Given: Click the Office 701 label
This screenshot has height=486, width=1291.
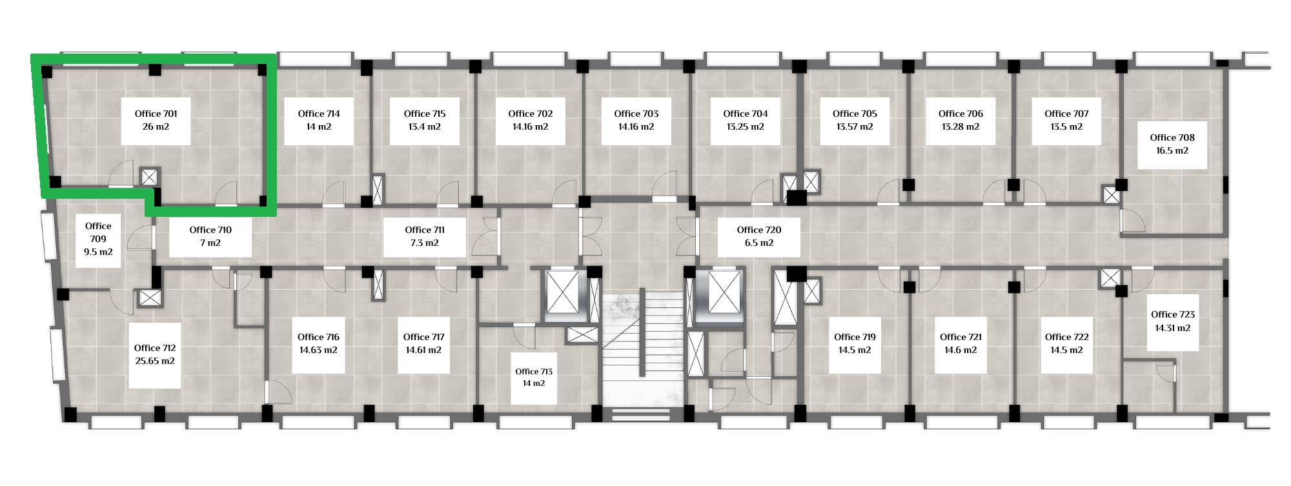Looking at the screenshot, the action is pyautogui.click(x=156, y=114).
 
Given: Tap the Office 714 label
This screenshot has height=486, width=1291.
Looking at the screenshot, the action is pyautogui.click(x=319, y=114).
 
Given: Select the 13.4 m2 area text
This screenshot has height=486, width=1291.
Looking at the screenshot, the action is pyautogui.click(x=425, y=127).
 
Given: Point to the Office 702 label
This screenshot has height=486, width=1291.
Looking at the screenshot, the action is pyautogui.click(x=531, y=114).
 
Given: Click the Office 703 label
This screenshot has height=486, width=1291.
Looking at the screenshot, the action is pyautogui.click(x=636, y=114).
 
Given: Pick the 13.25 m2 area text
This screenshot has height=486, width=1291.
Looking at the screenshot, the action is pyautogui.click(x=746, y=127).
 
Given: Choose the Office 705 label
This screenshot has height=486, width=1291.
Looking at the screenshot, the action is pyautogui.click(x=855, y=114).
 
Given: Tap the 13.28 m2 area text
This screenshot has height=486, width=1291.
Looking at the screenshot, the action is pyautogui.click(x=961, y=127).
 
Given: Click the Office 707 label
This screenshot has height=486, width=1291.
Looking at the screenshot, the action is pyautogui.click(x=1066, y=114).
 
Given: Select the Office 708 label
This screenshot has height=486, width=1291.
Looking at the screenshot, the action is pyautogui.click(x=1172, y=137).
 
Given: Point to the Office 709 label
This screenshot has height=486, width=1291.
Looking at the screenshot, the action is pyautogui.click(x=98, y=232).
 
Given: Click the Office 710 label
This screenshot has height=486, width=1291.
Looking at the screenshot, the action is pyautogui.click(x=210, y=230).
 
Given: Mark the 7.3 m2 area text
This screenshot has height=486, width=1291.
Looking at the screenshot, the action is pyautogui.click(x=425, y=243).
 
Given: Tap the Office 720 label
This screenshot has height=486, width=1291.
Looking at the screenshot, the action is pyautogui.click(x=759, y=230).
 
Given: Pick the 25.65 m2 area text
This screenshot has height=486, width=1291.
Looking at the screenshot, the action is pyautogui.click(x=155, y=361).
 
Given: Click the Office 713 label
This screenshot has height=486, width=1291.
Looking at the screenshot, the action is pyautogui.click(x=534, y=371).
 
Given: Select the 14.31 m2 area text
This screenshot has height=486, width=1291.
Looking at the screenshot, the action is pyautogui.click(x=1173, y=328).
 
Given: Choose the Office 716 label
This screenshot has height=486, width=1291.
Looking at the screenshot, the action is pyautogui.click(x=318, y=337).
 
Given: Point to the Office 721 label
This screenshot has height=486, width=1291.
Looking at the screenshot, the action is pyautogui.click(x=961, y=337).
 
